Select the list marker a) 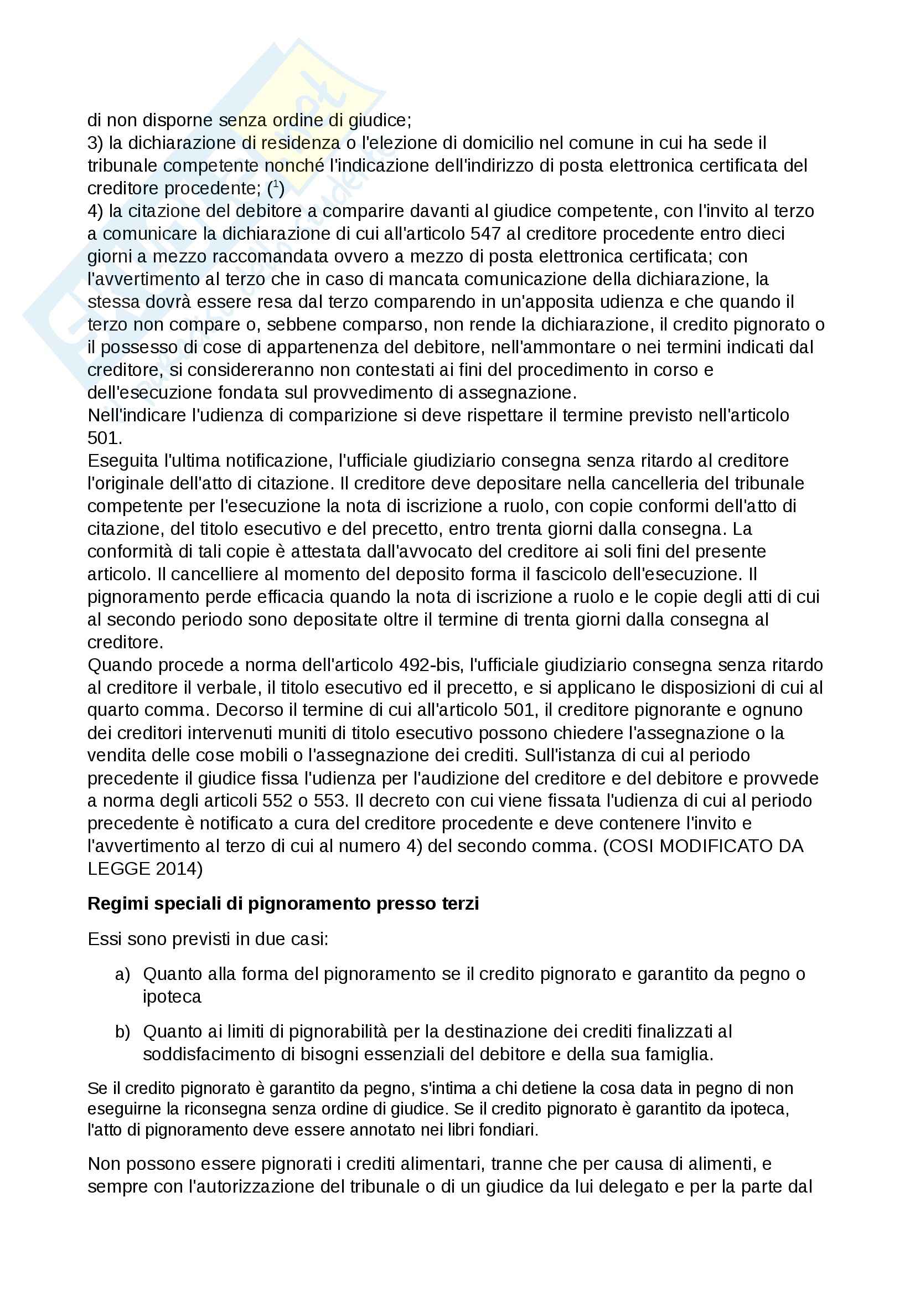coord(122,974)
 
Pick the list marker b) coord(122,1031)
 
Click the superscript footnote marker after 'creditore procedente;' coord(275,184)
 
